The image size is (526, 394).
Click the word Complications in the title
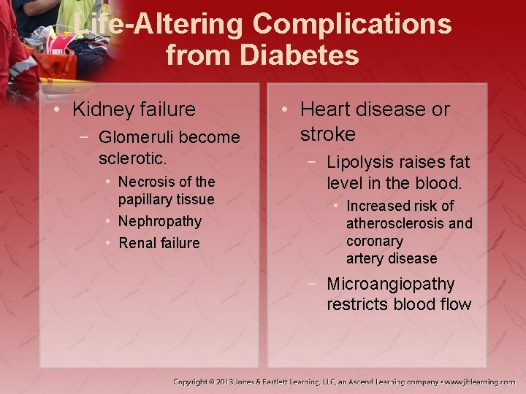pyautogui.click(x=352, y=24)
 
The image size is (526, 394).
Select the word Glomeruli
pyautogui.click(x=137, y=137)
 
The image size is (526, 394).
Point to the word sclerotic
pyautogui.click(x=133, y=157)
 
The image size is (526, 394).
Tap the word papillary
pyautogui.click(x=148, y=199)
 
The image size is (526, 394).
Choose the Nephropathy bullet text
pyautogui.click(x=159, y=221)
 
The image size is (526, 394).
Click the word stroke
pyautogui.click(x=328, y=134)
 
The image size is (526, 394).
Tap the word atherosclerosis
pyautogui.click(x=395, y=223)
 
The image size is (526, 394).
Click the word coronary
pyautogui.click(x=375, y=241)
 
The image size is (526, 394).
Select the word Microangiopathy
pyautogui.click(x=391, y=284)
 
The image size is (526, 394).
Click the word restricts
pyautogui.click(x=357, y=304)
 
